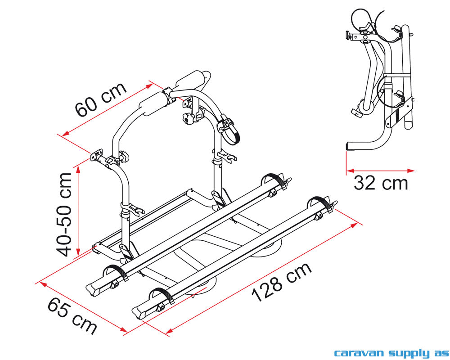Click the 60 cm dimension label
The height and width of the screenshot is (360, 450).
click(102, 100)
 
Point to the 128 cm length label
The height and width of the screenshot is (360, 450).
click(281, 282)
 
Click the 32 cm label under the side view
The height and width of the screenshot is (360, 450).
click(381, 183)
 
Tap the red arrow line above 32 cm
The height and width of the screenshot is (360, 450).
click(380, 171)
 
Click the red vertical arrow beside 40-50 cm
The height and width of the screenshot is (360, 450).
click(79, 210)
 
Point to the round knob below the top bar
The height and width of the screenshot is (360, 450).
click(185, 119)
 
